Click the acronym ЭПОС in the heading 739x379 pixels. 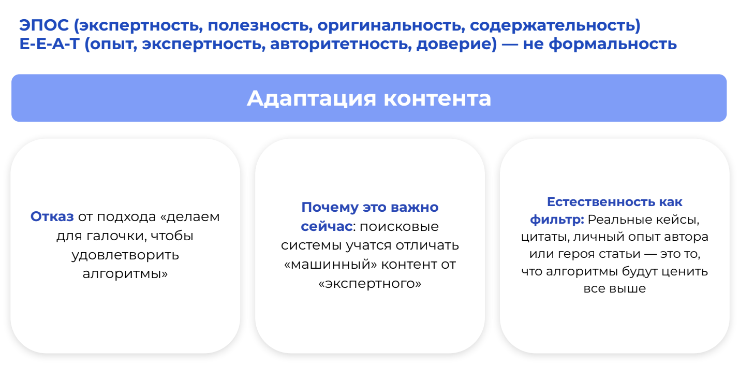tap(44, 25)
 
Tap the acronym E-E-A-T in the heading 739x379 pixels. tap(49, 44)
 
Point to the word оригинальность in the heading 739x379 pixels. tap(391, 26)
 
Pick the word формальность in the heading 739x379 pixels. tap(613, 45)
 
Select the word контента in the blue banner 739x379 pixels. tap(437, 99)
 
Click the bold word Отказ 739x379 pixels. tap(52, 216)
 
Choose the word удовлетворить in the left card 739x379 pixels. tap(125, 255)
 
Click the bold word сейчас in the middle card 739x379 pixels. tap(327, 226)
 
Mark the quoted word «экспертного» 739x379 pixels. tap(370, 283)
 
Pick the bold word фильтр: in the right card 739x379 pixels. tap(557, 219)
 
